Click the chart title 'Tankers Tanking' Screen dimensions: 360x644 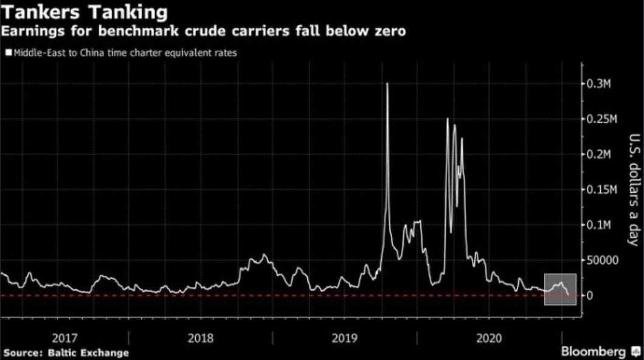(x=85, y=12)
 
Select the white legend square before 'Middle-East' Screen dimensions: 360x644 (x=8, y=53)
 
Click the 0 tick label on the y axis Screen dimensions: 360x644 (x=590, y=296)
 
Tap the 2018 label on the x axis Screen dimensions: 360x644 (x=200, y=337)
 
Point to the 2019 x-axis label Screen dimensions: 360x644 (x=344, y=337)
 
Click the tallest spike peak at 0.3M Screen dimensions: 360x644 (x=387, y=84)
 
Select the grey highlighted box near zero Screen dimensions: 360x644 (x=560, y=289)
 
